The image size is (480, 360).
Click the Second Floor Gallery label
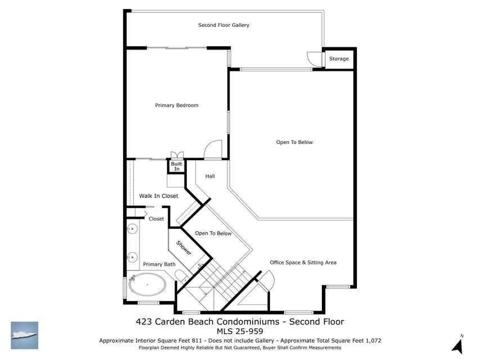pyautogui.click(x=223, y=25)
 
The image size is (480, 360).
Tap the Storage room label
pyautogui.click(x=339, y=58)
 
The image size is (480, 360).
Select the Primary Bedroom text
pyautogui.click(x=177, y=105)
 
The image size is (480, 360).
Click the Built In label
pyautogui.click(x=176, y=166)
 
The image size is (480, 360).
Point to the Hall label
pyautogui.click(x=210, y=176)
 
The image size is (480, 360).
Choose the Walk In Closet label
pyautogui.click(x=159, y=196)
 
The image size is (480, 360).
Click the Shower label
pyautogui.click(x=184, y=248)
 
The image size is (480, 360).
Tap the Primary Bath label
pyautogui.click(x=159, y=264)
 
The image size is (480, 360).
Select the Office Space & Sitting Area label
pyautogui.click(x=303, y=262)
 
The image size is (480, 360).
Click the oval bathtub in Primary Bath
pyautogui.click(x=147, y=285)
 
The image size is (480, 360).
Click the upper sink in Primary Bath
pyautogui.click(x=132, y=228)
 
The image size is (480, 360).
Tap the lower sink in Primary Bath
pyautogui.click(x=132, y=257)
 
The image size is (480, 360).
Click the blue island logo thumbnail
pyautogui.click(x=24, y=335)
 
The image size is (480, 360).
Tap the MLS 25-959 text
pyautogui.click(x=240, y=331)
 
